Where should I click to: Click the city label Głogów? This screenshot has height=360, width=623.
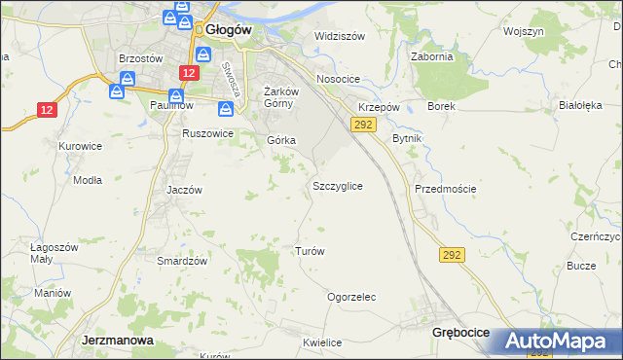click(x=229, y=29)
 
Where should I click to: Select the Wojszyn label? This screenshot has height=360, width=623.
click(x=523, y=31)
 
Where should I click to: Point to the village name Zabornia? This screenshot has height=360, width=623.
click(x=432, y=56)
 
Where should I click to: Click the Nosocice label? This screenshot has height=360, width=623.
click(x=338, y=79)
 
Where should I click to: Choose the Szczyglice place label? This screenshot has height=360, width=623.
click(x=338, y=185)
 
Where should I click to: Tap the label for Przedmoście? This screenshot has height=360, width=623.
click(x=445, y=189)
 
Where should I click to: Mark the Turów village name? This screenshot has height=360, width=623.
click(x=309, y=251)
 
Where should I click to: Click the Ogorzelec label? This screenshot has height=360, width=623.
click(x=351, y=297)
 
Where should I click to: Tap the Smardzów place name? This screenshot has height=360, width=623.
click(x=182, y=261)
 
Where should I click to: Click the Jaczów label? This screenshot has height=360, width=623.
click(x=184, y=190)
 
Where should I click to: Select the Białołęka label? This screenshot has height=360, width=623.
click(x=581, y=104)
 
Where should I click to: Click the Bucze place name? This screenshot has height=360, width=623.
click(x=581, y=266)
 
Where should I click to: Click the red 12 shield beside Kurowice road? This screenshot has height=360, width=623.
click(x=47, y=110)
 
